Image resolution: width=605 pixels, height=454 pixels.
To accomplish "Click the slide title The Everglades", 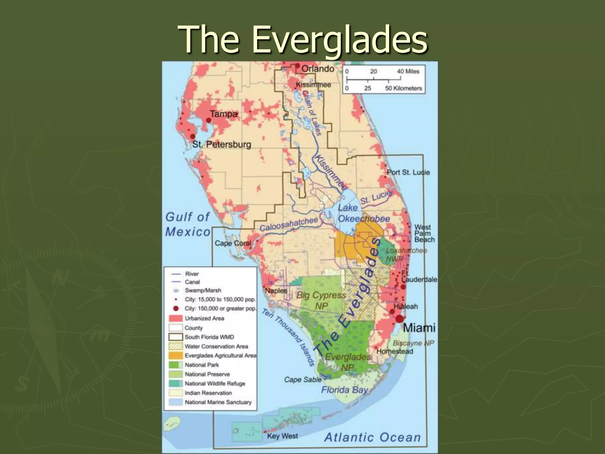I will point(302,40).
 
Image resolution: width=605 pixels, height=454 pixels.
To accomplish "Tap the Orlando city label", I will point(318,69).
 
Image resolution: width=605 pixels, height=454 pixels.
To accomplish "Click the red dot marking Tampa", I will point(209,120).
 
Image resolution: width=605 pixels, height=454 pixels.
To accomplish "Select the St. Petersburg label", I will point(222,145).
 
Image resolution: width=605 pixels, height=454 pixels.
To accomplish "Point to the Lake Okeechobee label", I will point(363,213).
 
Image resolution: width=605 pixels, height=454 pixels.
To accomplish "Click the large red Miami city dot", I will point(399,319).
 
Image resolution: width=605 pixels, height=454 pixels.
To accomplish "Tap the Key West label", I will point(282,436).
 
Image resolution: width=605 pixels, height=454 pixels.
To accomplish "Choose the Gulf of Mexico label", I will point(188,224).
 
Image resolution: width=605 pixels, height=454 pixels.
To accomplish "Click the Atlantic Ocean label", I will point(372,437).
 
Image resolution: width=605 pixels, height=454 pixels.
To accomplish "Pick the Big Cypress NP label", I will point(321,300).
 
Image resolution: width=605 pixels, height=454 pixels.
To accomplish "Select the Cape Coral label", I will point(233,243).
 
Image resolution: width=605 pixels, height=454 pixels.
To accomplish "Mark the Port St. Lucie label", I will point(408,172).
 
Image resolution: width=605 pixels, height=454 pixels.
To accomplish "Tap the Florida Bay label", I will point(344,390).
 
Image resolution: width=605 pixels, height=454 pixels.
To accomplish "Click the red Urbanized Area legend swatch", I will point(175,318).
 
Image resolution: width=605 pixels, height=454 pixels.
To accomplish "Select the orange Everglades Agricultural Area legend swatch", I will point(175,355).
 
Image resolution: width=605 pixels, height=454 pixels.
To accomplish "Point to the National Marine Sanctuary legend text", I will point(218,402).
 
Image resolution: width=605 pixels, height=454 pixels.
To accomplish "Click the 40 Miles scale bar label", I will point(408,71).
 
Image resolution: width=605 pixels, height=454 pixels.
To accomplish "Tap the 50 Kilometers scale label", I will point(404,88).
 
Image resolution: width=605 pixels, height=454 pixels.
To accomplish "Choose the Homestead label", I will point(395,351).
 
